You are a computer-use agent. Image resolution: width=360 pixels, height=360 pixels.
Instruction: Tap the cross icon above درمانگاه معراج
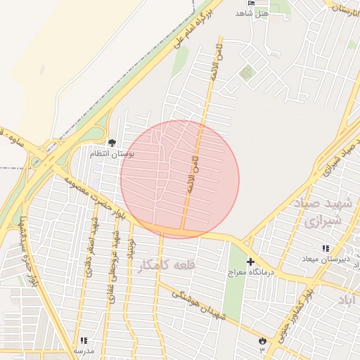(250, 262)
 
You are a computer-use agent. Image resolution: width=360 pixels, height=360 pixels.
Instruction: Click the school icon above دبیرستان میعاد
(325, 248)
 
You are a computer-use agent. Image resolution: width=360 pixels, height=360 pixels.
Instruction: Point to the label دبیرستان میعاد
(326, 259)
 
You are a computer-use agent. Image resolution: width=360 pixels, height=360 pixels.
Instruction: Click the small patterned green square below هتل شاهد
(246, 72)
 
